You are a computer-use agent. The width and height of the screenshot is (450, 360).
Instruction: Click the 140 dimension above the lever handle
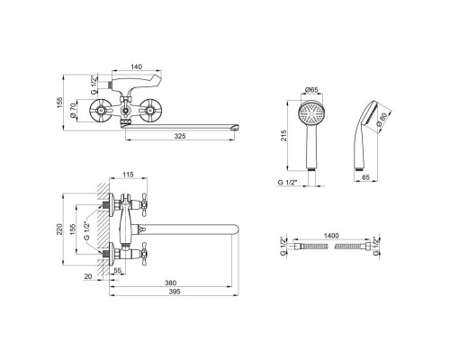137,67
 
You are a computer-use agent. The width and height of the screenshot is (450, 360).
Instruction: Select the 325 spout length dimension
180,136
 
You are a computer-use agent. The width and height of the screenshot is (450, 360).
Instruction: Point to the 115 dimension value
128,175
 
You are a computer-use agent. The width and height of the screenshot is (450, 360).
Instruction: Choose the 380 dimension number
171,283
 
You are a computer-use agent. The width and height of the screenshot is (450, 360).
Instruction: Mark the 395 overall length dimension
175,292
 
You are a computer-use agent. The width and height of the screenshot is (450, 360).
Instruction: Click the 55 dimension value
118,270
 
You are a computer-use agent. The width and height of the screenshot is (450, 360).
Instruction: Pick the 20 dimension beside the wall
88,276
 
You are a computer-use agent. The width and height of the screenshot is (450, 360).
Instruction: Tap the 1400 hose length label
331,236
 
